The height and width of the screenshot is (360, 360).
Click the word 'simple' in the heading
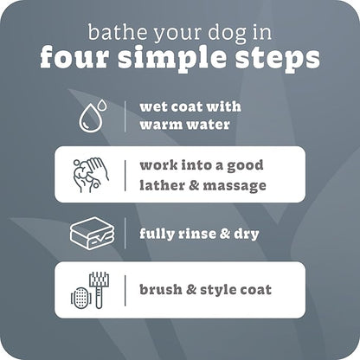[175, 60]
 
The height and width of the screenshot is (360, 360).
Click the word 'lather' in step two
[162, 185]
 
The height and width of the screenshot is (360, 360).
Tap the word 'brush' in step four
[160, 290]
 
